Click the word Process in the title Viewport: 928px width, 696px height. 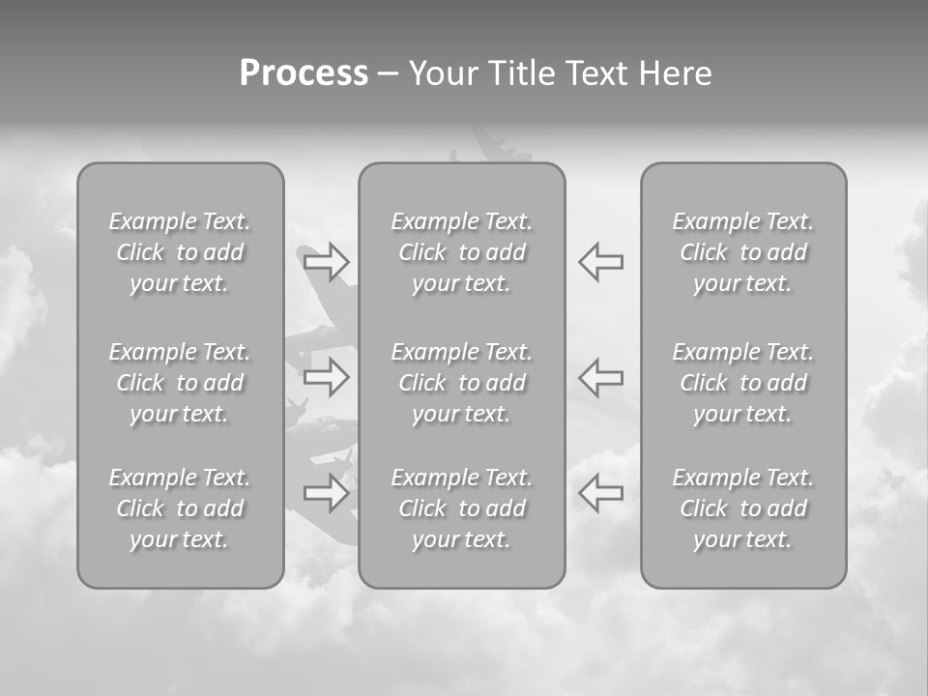[304, 73]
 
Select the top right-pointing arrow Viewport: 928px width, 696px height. [326, 261]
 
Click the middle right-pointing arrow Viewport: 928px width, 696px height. [326, 377]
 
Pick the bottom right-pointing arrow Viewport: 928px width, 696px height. [326, 493]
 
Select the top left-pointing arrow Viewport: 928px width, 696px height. [601, 261]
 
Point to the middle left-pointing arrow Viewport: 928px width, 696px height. [601, 377]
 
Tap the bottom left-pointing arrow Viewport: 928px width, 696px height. [601, 493]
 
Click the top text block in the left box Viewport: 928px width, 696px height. [180, 252]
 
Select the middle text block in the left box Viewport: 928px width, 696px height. [180, 383]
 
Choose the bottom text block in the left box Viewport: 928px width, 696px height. [180, 508]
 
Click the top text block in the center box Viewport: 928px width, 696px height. [462, 252]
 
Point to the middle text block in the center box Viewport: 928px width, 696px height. [462, 383]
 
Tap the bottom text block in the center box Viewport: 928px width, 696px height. [462, 508]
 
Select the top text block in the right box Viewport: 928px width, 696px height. [743, 252]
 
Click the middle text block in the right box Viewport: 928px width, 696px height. [743, 383]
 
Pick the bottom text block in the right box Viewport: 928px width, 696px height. [743, 508]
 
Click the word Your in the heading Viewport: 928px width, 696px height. [445, 73]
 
